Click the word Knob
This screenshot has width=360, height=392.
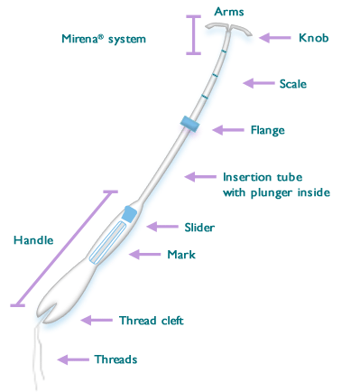click(x=313, y=38)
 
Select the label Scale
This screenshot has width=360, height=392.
click(x=293, y=84)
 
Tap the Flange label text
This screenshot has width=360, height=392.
click(x=267, y=130)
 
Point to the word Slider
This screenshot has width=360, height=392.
click(x=198, y=226)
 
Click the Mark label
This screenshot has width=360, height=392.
click(x=180, y=255)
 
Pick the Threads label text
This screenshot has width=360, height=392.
click(x=115, y=359)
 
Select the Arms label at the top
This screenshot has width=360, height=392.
click(x=228, y=10)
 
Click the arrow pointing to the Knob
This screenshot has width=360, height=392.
click(x=274, y=38)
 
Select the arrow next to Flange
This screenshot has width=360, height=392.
click(x=227, y=130)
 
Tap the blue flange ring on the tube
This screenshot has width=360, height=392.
click(x=189, y=123)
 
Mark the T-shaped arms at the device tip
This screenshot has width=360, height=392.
click(x=228, y=29)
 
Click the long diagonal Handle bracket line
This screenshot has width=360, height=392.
click(x=62, y=248)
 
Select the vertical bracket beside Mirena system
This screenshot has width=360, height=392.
click(x=191, y=35)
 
